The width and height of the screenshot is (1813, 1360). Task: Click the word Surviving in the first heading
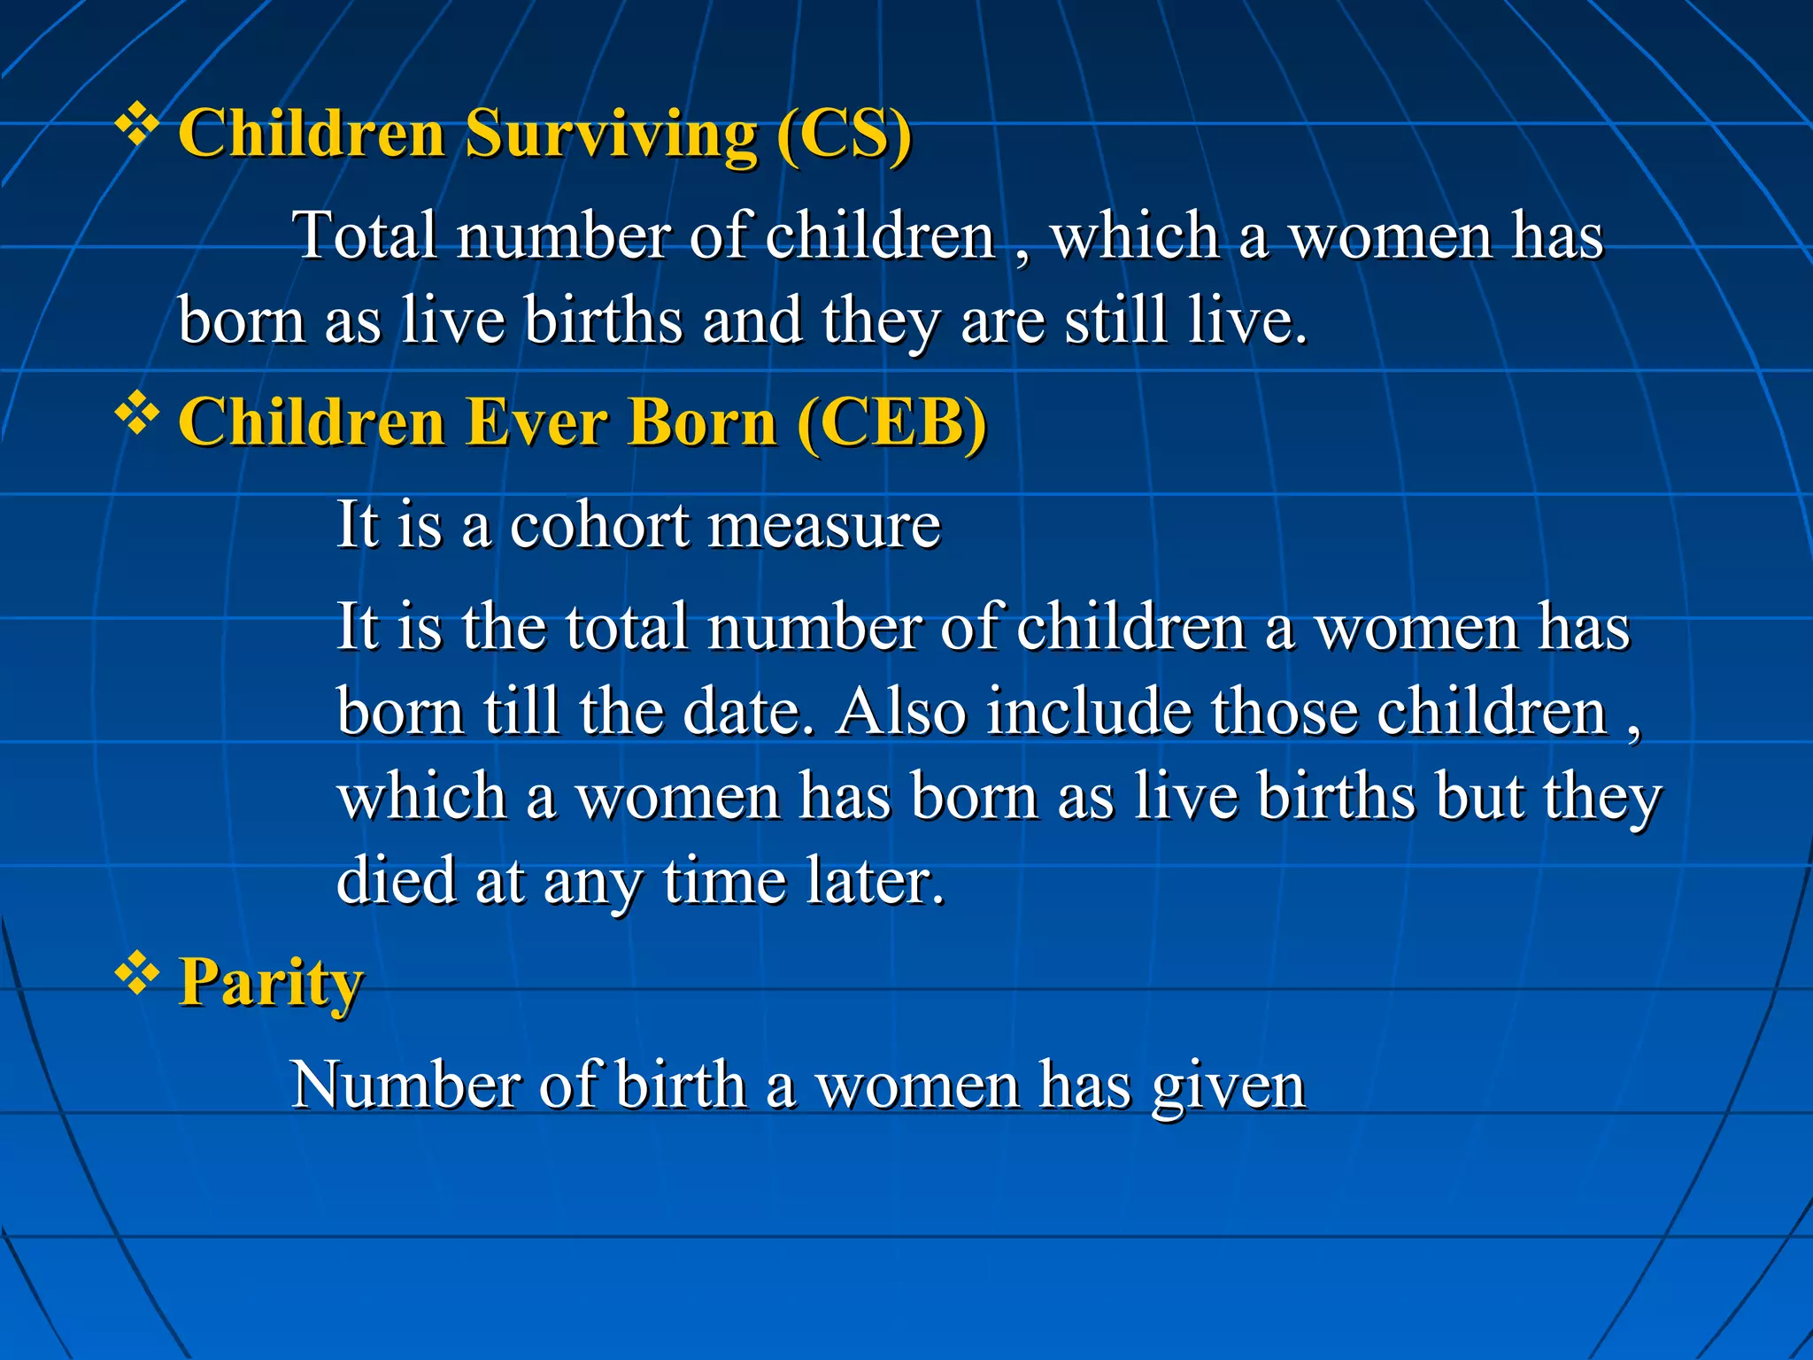[x=611, y=135]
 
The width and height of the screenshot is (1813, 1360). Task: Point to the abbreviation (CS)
[x=844, y=135]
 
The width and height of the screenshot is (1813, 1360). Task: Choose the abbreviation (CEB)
[x=891, y=422]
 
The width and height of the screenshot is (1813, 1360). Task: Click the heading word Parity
[x=271, y=983]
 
